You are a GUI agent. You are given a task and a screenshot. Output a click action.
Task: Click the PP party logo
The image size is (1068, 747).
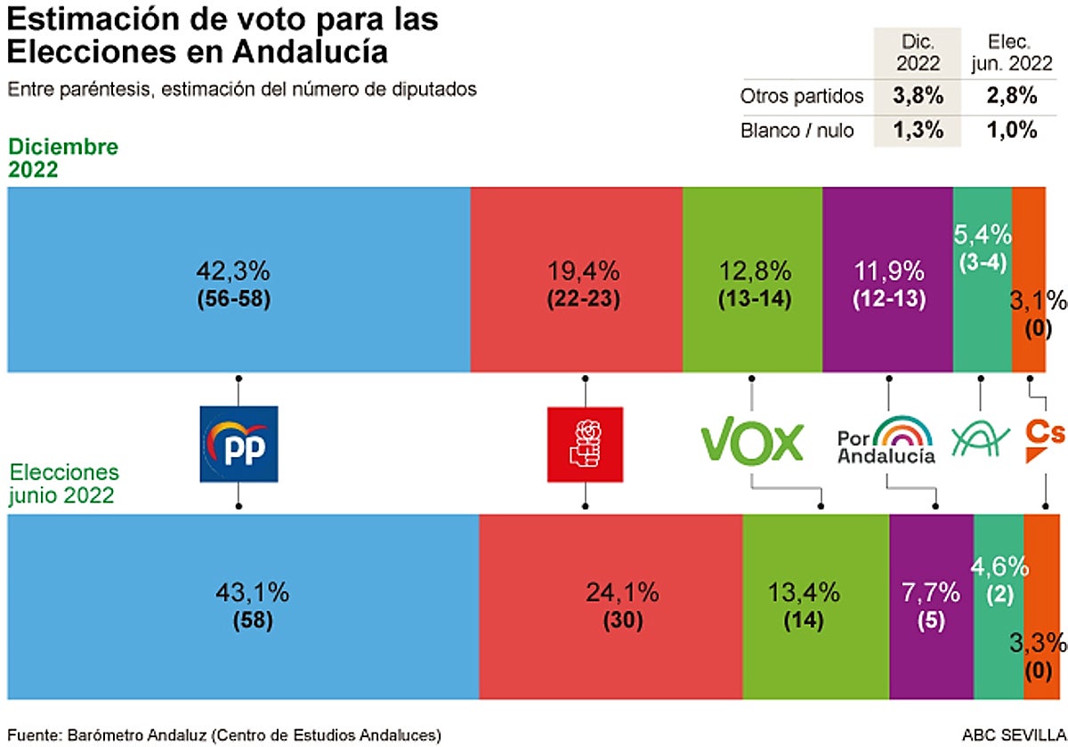click(239, 444)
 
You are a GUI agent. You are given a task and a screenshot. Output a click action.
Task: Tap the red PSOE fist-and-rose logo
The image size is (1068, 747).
click(584, 444)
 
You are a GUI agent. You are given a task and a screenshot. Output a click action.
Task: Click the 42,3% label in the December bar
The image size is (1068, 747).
click(233, 270)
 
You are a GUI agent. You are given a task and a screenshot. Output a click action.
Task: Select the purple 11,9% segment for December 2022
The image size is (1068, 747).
click(887, 279)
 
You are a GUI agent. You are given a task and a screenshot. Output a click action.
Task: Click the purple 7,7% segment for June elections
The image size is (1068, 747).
click(930, 606)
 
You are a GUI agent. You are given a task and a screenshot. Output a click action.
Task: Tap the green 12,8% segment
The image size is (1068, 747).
click(752, 279)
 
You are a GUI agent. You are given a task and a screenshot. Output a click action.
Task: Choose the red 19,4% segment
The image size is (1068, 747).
click(576, 279)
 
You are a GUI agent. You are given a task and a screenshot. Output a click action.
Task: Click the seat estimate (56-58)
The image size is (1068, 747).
click(233, 300)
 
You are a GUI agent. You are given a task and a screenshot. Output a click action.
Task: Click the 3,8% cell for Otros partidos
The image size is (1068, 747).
click(916, 95)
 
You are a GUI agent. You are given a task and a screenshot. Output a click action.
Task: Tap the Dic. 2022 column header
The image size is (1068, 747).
click(916, 52)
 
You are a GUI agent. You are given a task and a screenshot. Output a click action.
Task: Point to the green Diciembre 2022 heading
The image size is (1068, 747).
click(63, 158)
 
